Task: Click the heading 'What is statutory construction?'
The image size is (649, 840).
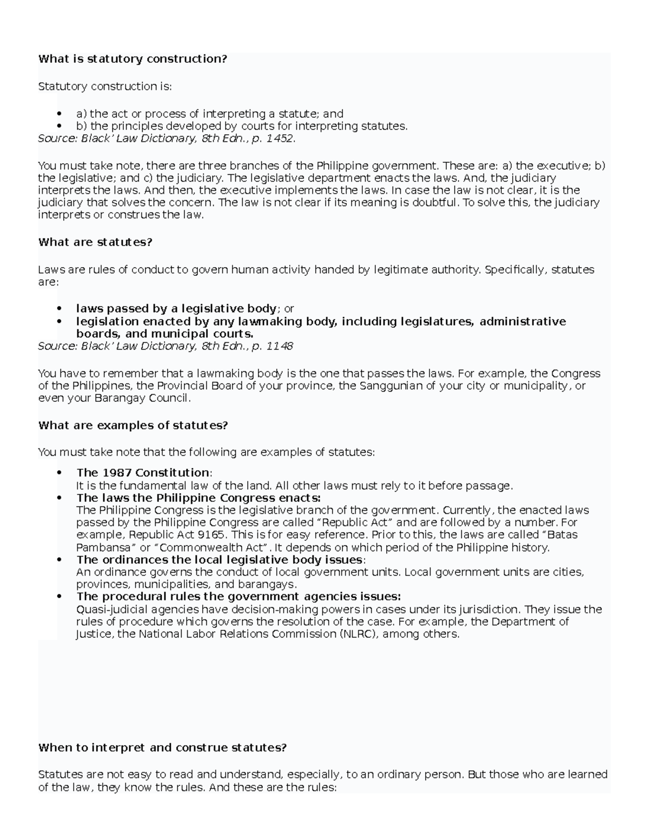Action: point(133,59)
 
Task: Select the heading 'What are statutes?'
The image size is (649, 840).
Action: point(95,242)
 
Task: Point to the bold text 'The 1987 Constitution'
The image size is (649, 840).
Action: point(143,473)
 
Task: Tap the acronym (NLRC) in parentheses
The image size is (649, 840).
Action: point(359,634)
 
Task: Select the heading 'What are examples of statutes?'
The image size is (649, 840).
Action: point(133,426)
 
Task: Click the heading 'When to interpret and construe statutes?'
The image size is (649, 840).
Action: point(162,748)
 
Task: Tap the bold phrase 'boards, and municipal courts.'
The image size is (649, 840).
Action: point(164,334)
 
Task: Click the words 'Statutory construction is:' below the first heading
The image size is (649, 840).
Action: point(104,87)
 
